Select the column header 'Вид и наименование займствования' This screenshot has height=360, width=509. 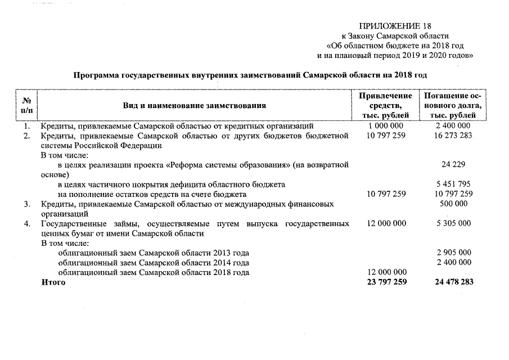pyautogui.click(x=195, y=105)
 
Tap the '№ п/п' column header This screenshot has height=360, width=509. pyautogui.click(x=26, y=105)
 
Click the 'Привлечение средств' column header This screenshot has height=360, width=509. pyautogui.click(x=386, y=105)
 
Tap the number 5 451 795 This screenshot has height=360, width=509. pyautogui.click(x=453, y=184)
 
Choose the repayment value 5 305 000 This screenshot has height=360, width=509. pyautogui.click(x=453, y=223)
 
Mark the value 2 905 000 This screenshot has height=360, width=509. pyautogui.click(x=453, y=253)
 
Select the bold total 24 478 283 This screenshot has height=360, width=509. pyautogui.click(x=453, y=282)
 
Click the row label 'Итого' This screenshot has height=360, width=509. pyautogui.click(x=53, y=282)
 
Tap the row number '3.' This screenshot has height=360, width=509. pyautogui.click(x=26, y=204)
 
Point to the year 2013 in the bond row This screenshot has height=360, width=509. pyautogui.click(x=222, y=253)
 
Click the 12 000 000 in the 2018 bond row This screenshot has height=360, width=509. pyautogui.click(x=386, y=272)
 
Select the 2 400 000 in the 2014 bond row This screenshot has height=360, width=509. pyautogui.click(x=453, y=262)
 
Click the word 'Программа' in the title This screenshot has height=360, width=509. pyautogui.click(x=96, y=74)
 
